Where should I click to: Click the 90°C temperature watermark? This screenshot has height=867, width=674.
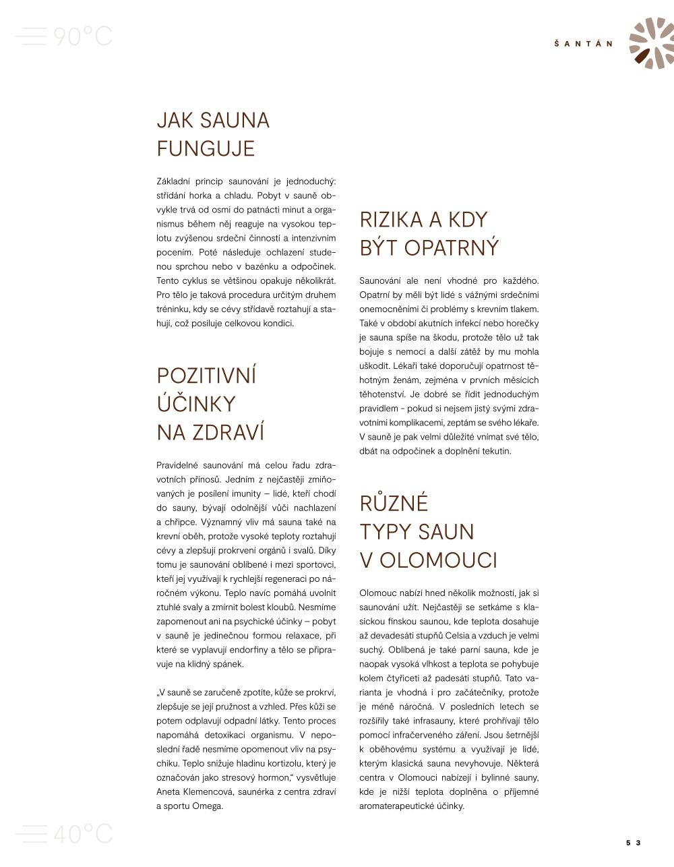point(82,36)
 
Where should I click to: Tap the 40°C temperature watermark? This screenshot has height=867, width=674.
point(82,834)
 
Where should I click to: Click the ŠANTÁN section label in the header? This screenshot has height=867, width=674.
point(584,44)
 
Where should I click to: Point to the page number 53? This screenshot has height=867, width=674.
point(633,843)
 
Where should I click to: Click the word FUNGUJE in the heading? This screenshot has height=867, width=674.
point(206,148)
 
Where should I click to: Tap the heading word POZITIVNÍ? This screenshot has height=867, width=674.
point(206,376)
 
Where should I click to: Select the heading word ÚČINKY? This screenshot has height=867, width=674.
point(196,404)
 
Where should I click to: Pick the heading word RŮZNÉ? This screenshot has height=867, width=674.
point(394,504)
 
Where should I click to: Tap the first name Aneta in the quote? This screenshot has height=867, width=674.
point(168,791)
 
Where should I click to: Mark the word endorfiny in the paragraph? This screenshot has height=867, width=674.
point(251,649)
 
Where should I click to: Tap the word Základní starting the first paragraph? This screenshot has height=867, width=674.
point(173,181)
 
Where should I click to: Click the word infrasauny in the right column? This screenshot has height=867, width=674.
point(433,721)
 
